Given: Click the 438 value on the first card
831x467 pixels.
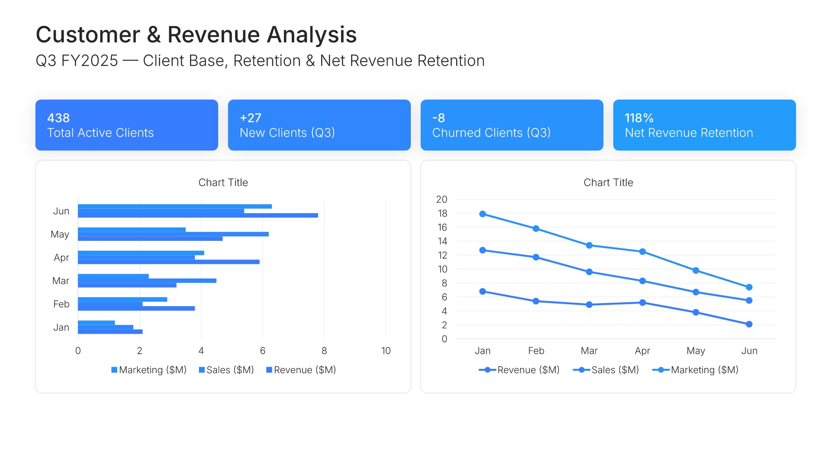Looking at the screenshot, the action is tap(58, 118).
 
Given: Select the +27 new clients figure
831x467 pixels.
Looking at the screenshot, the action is tap(251, 118).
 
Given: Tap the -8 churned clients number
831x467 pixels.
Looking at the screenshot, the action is tap(438, 118).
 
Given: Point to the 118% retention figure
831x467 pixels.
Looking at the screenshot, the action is tap(639, 118).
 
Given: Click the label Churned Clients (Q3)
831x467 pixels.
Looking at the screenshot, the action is tap(491, 133).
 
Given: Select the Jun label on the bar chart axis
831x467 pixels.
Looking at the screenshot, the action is tap(61, 211).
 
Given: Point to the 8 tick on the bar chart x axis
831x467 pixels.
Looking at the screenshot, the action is tap(324, 351).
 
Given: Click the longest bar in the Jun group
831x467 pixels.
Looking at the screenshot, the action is tap(198, 215).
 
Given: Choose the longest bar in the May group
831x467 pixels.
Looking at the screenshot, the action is tap(173, 234).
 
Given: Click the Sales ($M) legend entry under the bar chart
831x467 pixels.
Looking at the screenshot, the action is tap(226, 370).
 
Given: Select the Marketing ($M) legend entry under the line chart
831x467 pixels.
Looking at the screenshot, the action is tap(695, 370).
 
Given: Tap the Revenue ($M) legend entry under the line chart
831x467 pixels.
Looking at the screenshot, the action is tap(519, 370).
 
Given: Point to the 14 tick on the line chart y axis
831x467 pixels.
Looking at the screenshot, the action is tap(442, 241).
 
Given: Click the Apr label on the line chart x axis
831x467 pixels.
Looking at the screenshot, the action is tap(642, 351).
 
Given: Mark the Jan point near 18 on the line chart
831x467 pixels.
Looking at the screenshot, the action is tap(483, 214).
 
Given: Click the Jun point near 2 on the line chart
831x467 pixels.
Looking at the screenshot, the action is tap(749, 324).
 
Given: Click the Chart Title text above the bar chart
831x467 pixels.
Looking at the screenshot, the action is tap(223, 182).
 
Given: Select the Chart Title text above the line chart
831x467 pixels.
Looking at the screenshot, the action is tap(609, 182).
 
